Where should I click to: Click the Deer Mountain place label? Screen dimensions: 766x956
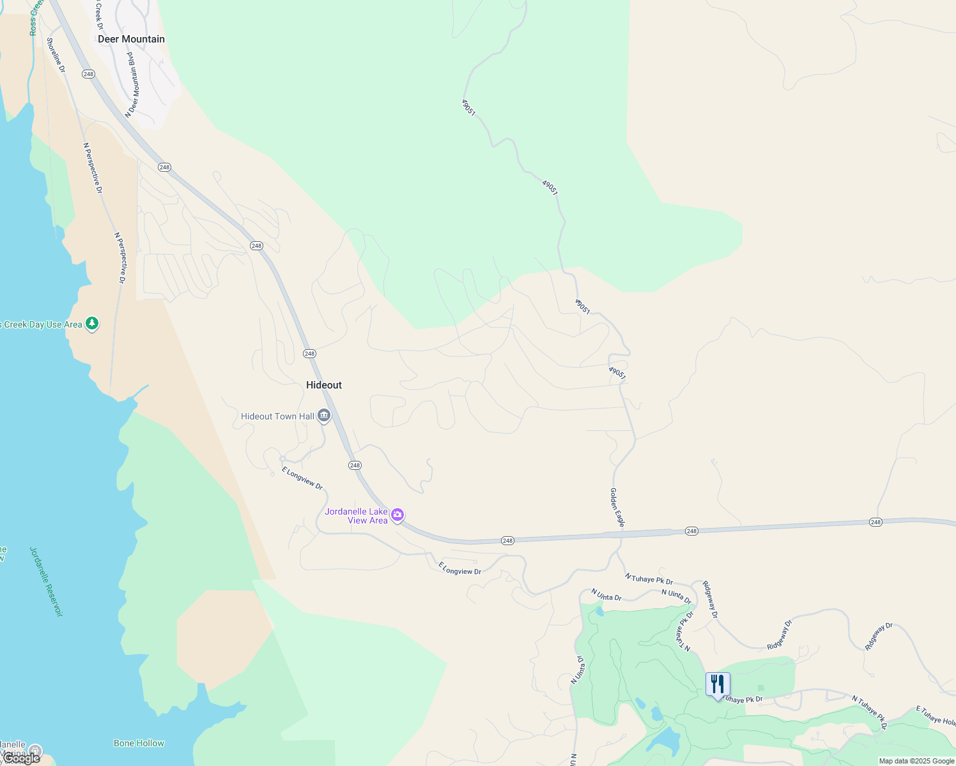tap(131, 39)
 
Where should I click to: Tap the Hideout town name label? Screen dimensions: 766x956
tap(324, 385)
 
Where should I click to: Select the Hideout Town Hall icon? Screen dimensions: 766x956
tap(324, 416)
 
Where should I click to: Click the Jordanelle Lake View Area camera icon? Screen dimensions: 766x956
tap(397, 514)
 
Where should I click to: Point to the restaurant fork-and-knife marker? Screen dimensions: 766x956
tap(718, 684)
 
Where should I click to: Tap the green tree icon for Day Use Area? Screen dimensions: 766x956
tap(93, 324)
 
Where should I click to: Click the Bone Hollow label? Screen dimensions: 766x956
tap(139, 743)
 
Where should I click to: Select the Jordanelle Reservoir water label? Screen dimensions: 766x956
tap(47, 582)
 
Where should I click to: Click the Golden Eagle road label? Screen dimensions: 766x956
tap(617, 507)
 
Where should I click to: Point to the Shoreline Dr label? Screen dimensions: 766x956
tap(56, 55)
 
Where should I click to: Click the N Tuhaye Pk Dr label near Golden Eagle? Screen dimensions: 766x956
tap(649, 579)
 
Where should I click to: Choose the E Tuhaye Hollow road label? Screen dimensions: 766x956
tap(936, 715)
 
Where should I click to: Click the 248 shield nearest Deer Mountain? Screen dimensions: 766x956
tap(88, 74)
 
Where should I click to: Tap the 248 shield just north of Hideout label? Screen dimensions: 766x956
tap(309, 354)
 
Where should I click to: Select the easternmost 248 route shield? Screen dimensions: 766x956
tap(875, 522)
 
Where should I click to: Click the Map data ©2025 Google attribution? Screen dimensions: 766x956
tap(916, 761)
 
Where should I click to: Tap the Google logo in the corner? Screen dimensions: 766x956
tap(21, 758)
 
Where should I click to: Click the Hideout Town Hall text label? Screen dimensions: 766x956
tap(277, 416)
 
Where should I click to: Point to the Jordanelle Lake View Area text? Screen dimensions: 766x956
tap(356, 516)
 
